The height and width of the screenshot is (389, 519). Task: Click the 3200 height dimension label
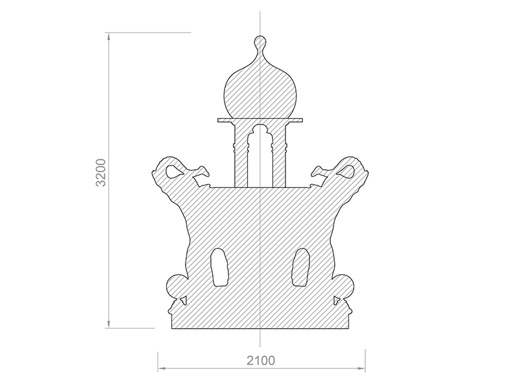point(101,172)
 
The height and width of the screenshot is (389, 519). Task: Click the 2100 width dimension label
point(261,360)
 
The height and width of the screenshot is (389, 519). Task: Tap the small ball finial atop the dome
point(260,42)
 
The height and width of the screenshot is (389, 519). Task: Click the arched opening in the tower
point(260,156)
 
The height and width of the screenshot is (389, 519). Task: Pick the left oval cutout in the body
point(219,267)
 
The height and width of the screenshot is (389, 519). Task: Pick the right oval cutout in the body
point(300,267)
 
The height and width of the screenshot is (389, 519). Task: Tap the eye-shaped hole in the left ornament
point(174,171)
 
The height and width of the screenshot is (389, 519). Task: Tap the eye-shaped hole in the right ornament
point(346,171)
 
